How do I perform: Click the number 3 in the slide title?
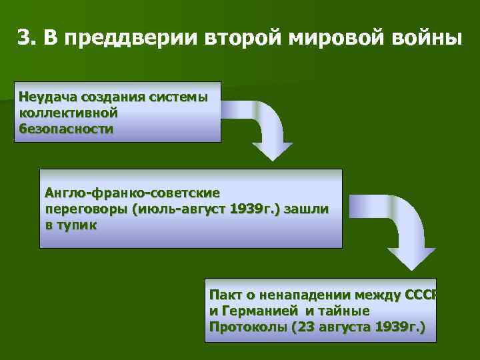[x=23, y=38]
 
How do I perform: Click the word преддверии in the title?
[x=120, y=38]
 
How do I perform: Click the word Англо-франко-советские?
[x=132, y=193]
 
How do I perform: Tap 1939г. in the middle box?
[x=254, y=209]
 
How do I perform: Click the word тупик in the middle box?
[x=77, y=225]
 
